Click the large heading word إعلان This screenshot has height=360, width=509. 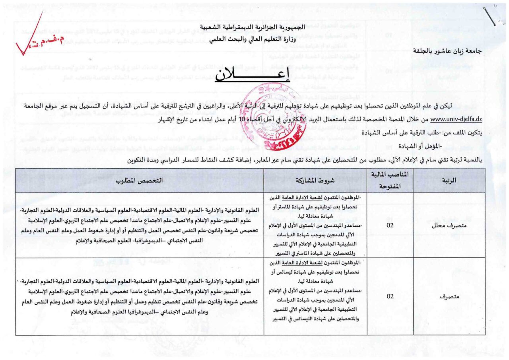point(253,76)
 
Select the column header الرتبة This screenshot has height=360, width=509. point(449,180)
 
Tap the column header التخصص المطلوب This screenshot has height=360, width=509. point(139,180)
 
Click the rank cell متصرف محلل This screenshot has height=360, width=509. point(449,225)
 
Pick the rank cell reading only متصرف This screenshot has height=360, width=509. point(449,296)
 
